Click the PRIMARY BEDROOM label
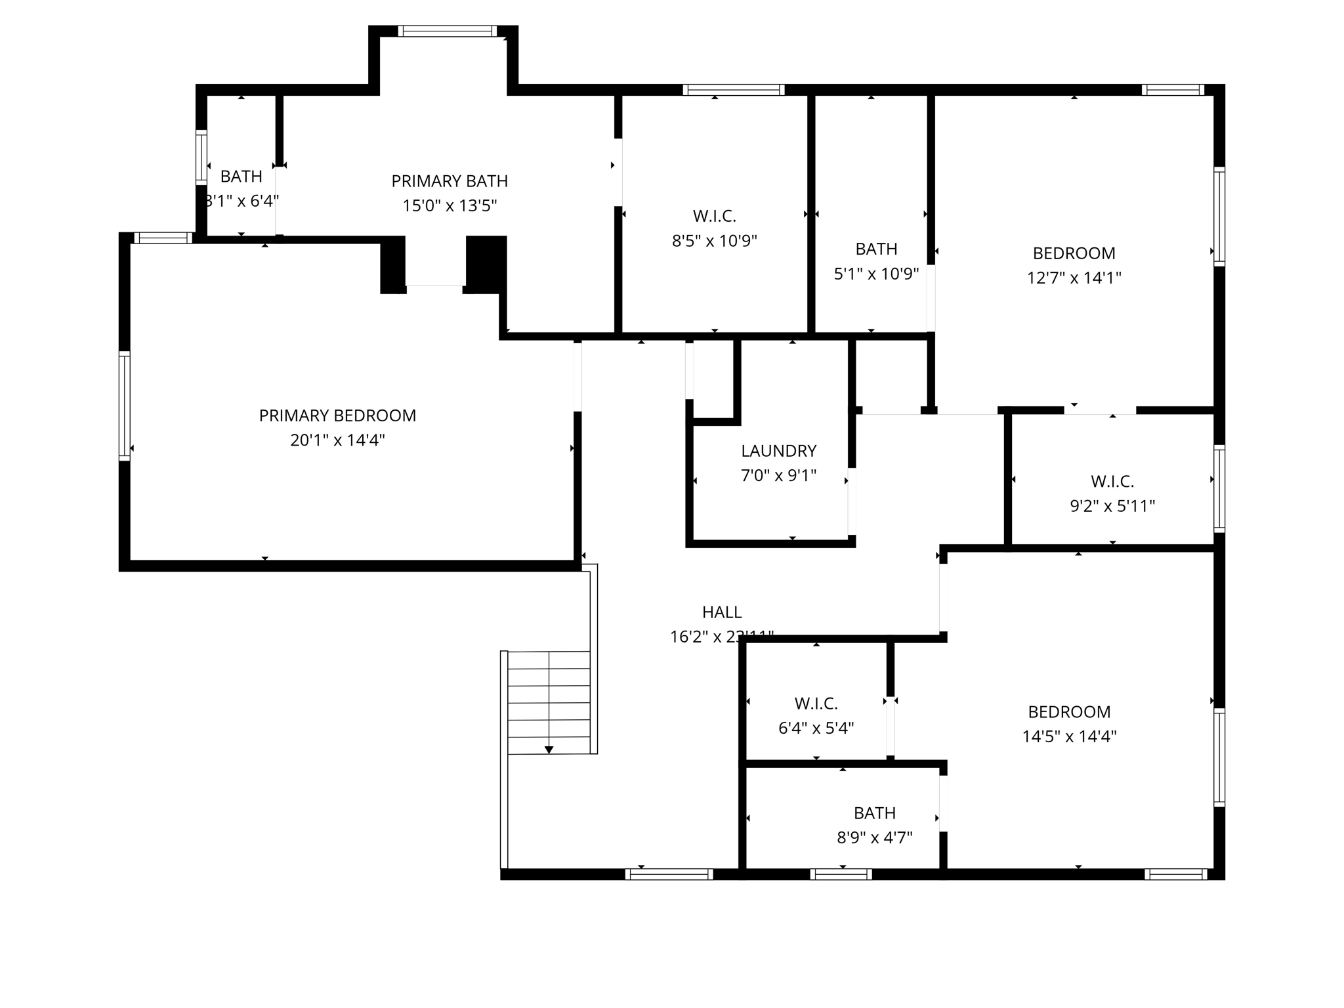tap(337, 415)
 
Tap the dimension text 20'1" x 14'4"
tap(337, 440)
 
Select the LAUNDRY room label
tap(778, 451)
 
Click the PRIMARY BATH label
tap(450, 181)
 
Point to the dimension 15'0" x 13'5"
tap(450, 205)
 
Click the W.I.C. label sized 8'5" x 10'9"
tap(714, 216)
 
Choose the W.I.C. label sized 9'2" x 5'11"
tap(1112, 482)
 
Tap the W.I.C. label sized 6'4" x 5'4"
tap(816, 703)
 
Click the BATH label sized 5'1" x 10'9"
tap(876, 249)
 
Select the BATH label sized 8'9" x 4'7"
tap(874, 813)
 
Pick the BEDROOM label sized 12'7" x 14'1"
tap(1074, 253)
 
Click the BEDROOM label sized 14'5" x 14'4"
tap(1069, 712)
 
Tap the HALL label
tap(722, 612)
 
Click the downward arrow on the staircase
tap(549, 749)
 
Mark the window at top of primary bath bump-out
tap(447, 31)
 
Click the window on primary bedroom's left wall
tap(124, 405)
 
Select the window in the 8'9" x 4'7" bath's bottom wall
tap(841, 874)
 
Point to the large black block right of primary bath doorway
tap(486, 262)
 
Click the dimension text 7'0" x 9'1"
tap(778, 475)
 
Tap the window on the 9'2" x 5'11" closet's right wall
tap(1219, 488)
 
